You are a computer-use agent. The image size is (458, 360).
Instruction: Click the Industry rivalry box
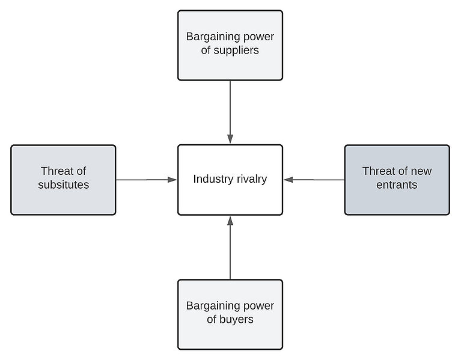[230, 180]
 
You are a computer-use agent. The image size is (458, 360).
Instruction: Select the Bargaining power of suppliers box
[230, 45]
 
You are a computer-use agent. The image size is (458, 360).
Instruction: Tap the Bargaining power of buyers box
[230, 314]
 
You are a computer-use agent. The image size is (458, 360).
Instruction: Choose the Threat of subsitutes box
[63, 180]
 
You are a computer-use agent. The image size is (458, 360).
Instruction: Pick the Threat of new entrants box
[397, 180]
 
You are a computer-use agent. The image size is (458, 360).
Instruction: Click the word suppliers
[236, 50]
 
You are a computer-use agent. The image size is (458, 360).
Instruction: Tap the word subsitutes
[63, 185]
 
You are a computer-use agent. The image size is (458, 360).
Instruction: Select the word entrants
[397, 185]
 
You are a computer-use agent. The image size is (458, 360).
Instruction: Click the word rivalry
[252, 179]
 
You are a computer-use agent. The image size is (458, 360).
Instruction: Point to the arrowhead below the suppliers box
[230, 139]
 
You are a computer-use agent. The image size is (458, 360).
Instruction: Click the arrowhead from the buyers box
[230, 221]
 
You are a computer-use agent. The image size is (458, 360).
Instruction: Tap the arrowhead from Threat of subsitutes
[173, 180]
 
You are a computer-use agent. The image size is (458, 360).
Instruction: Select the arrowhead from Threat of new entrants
[289, 180]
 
